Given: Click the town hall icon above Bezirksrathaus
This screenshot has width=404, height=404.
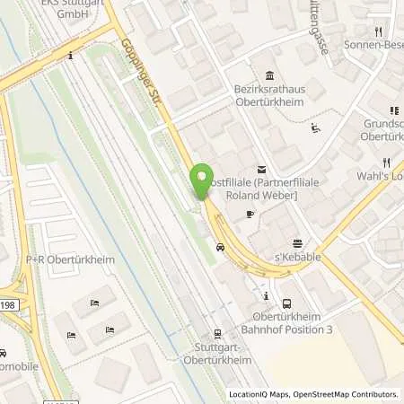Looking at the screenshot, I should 268,75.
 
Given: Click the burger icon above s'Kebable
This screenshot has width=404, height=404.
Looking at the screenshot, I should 298,242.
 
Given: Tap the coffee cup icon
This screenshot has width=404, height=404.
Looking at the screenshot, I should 250,214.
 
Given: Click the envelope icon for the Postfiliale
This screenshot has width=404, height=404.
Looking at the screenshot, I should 261,169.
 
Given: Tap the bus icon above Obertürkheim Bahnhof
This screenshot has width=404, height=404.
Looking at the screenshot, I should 286,303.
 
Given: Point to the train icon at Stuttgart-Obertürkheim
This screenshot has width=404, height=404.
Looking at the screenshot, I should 217,333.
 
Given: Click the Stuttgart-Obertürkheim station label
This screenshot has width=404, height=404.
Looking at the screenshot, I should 217,355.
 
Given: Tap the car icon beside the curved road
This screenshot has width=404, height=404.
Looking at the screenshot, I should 221,246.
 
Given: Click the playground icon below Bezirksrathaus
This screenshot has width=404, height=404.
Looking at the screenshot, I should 314,127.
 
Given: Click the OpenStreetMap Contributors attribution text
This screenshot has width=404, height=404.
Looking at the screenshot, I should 346,394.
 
